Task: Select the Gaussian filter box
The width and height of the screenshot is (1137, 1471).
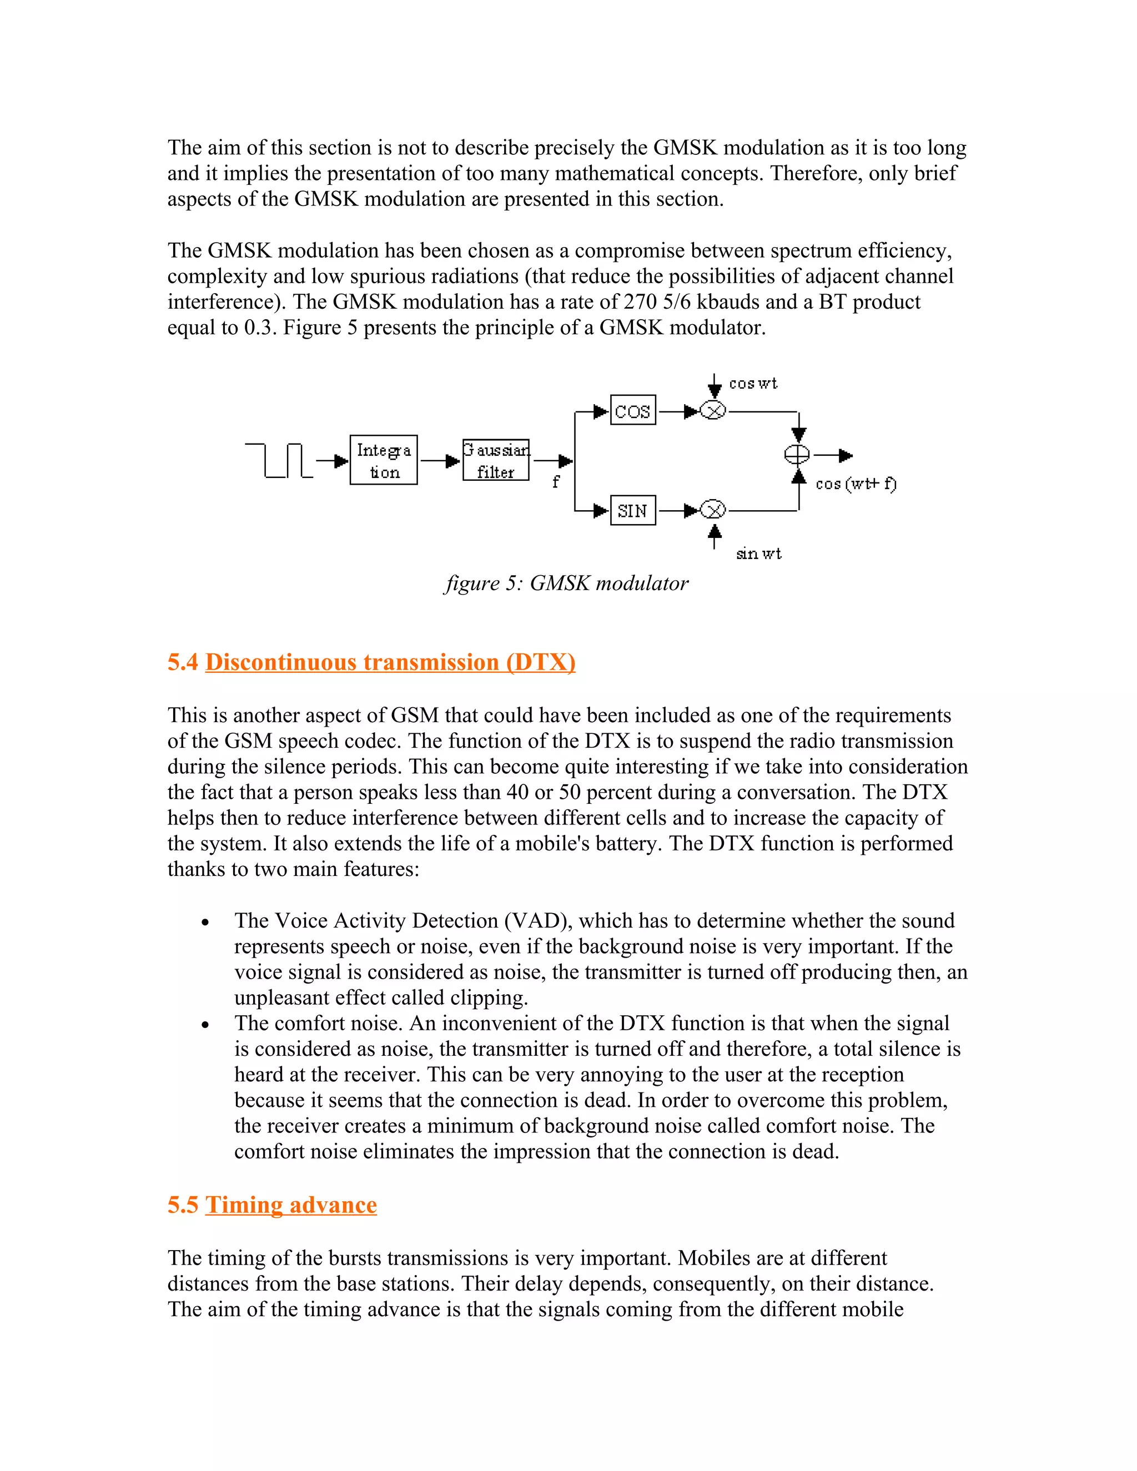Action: point(496,460)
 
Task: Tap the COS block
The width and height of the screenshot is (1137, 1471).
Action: point(632,410)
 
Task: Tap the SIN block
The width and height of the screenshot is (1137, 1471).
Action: point(632,511)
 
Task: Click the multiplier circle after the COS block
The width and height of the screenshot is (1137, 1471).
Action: point(713,410)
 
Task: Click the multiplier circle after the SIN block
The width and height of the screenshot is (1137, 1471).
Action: point(713,511)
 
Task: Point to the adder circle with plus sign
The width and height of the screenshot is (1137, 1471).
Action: point(798,455)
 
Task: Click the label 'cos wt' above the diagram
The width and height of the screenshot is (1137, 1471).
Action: point(753,384)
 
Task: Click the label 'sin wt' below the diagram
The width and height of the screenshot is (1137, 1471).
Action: point(758,553)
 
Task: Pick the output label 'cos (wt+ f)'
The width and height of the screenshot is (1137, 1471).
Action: point(856,483)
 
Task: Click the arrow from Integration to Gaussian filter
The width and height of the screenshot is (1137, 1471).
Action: point(440,461)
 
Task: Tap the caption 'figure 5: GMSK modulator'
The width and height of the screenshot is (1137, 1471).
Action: point(566,583)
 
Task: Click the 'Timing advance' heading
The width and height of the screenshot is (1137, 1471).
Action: point(291,1205)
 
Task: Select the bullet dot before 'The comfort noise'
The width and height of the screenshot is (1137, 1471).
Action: point(205,1025)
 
